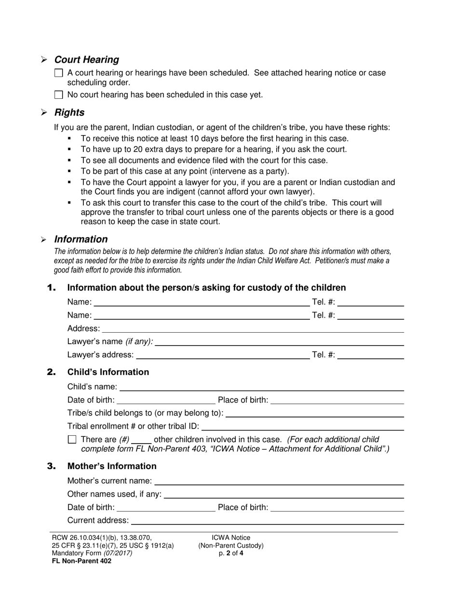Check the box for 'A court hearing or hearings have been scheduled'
58,73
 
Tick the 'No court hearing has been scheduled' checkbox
58,95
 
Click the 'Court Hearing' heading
86,60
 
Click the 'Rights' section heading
69,112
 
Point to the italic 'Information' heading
81,239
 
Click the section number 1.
52,288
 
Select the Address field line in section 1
253,328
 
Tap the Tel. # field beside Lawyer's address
371,355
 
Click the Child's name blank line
261,387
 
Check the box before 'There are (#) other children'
72,439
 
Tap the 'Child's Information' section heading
108,372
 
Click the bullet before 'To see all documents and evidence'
70,160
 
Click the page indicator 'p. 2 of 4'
230,553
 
